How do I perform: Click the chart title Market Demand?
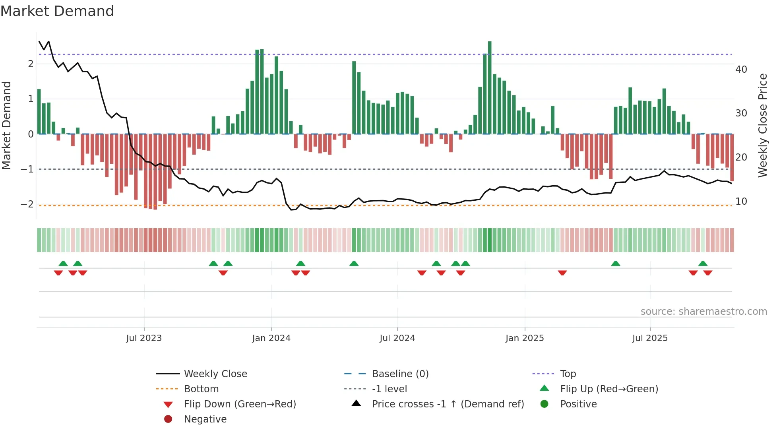click(x=57, y=11)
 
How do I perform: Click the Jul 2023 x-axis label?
click(x=144, y=338)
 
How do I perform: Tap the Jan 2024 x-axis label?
click(x=271, y=338)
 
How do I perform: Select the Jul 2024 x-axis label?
click(x=397, y=338)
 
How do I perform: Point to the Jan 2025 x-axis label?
click(x=525, y=338)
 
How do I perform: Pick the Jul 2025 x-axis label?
click(x=650, y=338)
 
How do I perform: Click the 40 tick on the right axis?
click(x=741, y=70)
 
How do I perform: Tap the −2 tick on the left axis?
click(x=27, y=204)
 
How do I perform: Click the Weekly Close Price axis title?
click(x=762, y=125)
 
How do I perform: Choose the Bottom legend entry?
click(x=201, y=389)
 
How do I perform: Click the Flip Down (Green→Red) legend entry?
click(x=240, y=404)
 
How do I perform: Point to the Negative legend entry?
click(x=205, y=419)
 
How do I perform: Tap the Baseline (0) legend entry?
click(x=400, y=374)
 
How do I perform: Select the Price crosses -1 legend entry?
click(x=448, y=404)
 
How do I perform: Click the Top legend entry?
click(x=568, y=374)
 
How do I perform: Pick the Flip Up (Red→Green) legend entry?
click(x=609, y=389)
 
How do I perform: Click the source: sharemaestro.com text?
click(x=703, y=312)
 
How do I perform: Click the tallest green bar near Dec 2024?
click(x=490, y=87)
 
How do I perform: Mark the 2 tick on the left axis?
click(x=31, y=64)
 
